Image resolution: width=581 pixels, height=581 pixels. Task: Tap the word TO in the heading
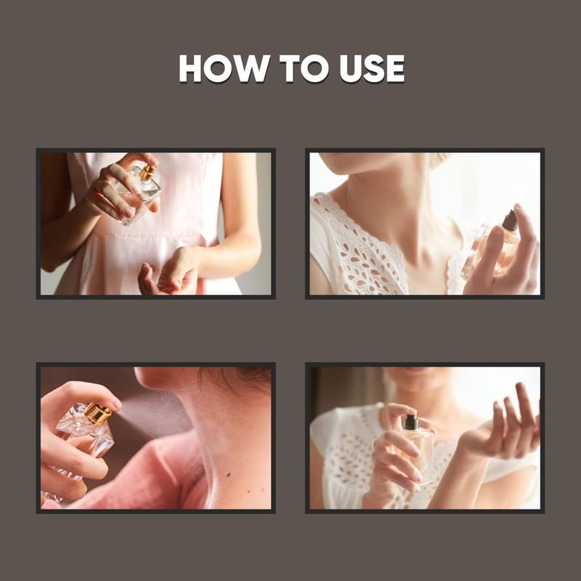coord(304,68)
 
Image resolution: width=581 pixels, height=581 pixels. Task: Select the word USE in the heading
coord(372,68)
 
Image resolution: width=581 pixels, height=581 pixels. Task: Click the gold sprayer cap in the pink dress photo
coord(148,172)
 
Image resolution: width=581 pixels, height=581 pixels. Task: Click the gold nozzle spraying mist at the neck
coord(98,414)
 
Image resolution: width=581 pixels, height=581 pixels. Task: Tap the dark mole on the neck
coord(228,475)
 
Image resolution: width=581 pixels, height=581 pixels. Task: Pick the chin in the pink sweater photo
coord(148,378)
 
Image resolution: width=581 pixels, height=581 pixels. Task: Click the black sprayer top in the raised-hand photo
coord(411,422)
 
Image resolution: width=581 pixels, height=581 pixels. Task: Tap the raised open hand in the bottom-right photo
coord(504,426)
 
